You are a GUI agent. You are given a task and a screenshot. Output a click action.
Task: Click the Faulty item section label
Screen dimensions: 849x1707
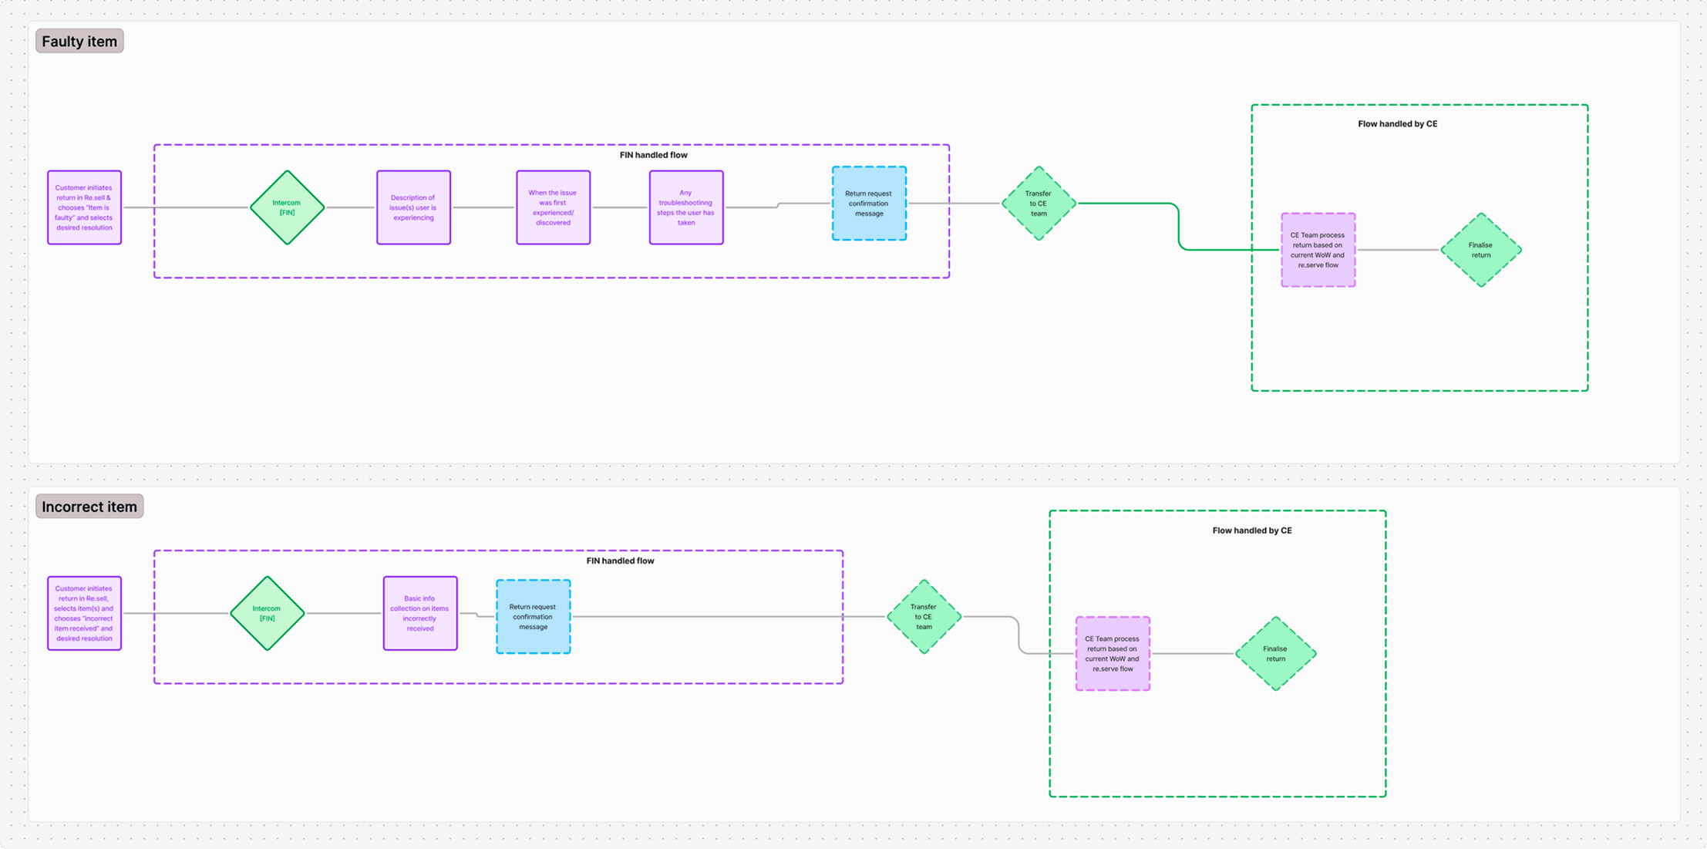[x=79, y=42]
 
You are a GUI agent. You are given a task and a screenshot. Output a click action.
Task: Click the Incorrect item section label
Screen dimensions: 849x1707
[x=89, y=507]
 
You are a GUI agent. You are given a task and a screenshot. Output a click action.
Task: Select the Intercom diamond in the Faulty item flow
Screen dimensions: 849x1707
[x=287, y=207]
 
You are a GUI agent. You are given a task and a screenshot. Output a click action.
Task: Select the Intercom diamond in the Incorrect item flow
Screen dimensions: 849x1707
[x=267, y=613]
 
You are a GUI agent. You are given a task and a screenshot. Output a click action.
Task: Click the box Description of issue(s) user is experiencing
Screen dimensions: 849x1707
[x=413, y=207]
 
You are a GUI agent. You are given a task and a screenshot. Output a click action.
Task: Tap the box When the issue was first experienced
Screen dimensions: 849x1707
[x=553, y=207]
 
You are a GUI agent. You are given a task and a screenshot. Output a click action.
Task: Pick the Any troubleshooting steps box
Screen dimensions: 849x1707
[x=686, y=207]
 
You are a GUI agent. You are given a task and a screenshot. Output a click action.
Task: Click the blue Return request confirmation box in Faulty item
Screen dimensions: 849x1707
[x=869, y=204]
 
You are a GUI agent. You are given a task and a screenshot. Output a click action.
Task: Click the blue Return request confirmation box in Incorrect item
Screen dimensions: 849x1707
[x=533, y=617]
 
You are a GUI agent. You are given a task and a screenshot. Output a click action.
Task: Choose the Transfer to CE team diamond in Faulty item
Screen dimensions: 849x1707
[x=1039, y=204]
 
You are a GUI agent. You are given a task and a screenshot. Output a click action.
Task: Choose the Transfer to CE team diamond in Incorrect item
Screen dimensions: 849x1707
[x=924, y=617]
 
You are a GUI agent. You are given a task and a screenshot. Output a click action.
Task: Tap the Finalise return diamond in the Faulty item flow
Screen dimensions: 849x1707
[x=1480, y=250]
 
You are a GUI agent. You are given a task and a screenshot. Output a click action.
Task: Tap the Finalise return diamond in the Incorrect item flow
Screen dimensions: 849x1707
[x=1275, y=654]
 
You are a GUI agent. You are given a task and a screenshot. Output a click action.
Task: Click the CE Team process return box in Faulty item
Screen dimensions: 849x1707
[x=1318, y=250]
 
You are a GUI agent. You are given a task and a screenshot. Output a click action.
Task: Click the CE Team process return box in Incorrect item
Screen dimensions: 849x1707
[x=1113, y=654]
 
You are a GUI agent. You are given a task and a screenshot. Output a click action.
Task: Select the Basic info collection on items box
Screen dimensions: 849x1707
[x=420, y=613]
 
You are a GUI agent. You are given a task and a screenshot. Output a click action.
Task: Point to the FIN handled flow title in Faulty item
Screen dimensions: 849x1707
[x=653, y=155]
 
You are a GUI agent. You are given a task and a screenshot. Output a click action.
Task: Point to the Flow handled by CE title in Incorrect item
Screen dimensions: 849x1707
[x=1251, y=531]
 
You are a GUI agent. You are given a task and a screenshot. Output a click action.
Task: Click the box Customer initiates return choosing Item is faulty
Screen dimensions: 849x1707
[x=84, y=207]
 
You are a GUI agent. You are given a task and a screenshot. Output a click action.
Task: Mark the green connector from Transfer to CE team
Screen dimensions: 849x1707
[x=1179, y=227]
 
